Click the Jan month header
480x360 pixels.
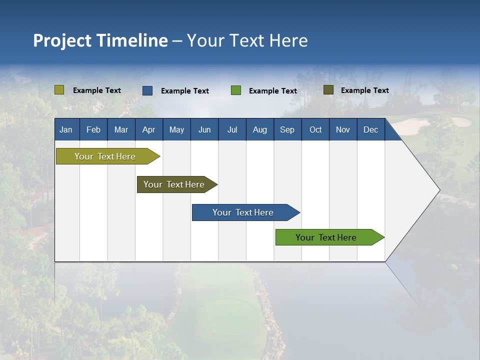tap(66, 129)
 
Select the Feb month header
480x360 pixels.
tap(93, 129)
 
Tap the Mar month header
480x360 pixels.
tap(121, 129)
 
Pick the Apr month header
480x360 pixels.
tap(149, 129)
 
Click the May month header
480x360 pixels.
tap(176, 129)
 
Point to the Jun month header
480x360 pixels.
tap(204, 129)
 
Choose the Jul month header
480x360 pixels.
tap(232, 129)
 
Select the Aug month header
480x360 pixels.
tap(260, 129)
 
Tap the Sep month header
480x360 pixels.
tap(287, 129)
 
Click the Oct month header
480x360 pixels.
tap(315, 129)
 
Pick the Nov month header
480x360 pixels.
tap(343, 129)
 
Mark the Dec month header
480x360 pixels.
tap(371, 129)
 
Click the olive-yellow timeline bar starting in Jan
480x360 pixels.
tap(105, 156)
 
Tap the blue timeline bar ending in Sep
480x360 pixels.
tap(243, 212)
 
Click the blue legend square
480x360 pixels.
tap(147, 90)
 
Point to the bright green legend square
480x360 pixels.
tap(236, 90)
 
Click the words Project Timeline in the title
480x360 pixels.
tap(100, 40)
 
